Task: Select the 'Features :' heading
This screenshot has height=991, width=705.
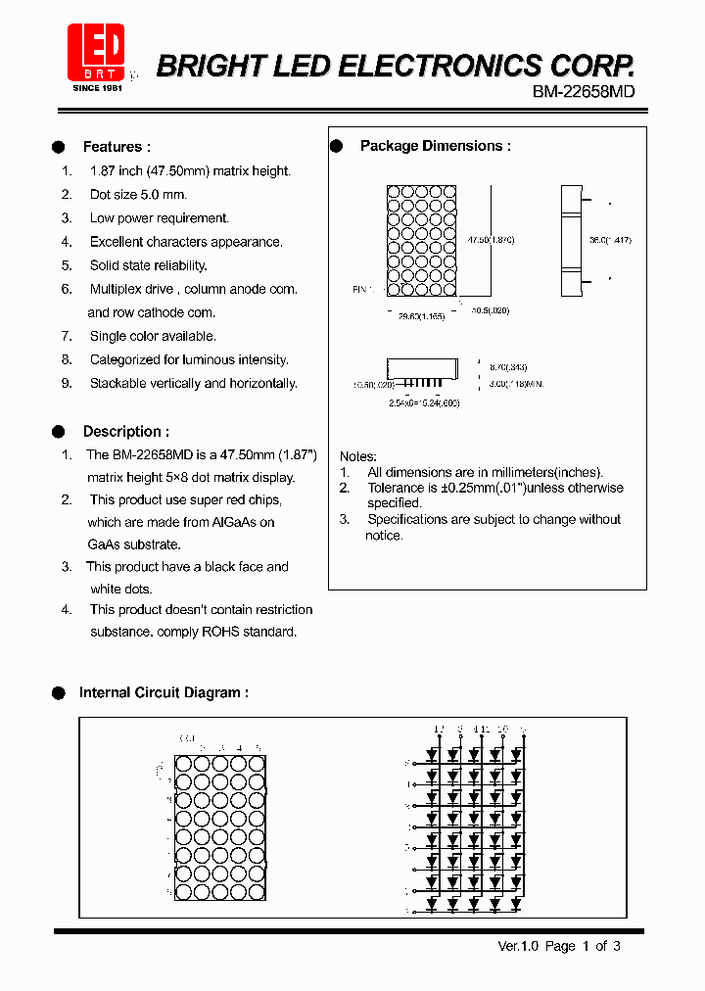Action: click(117, 147)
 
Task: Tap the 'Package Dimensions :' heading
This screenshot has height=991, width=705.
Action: click(436, 146)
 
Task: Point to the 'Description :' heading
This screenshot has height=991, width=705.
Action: click(125, 431)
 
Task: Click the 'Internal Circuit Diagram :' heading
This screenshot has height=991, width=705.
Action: click(164, 692)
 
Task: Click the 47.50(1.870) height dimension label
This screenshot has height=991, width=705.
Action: click(492, 240)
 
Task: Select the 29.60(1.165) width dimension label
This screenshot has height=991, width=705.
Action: click(421, 316)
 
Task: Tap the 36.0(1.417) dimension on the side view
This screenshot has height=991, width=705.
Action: click(610, 240)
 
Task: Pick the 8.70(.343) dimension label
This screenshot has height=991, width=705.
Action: click(505, 362)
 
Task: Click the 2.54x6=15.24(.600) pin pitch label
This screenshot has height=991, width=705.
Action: click(424, 402)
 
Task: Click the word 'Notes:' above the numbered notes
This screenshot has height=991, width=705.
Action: click(358, 456)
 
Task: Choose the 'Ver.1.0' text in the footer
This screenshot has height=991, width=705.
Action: click(519, 946)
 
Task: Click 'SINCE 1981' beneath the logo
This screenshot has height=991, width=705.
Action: click(98, 88)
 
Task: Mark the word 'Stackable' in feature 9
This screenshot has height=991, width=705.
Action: click(121, 383)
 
